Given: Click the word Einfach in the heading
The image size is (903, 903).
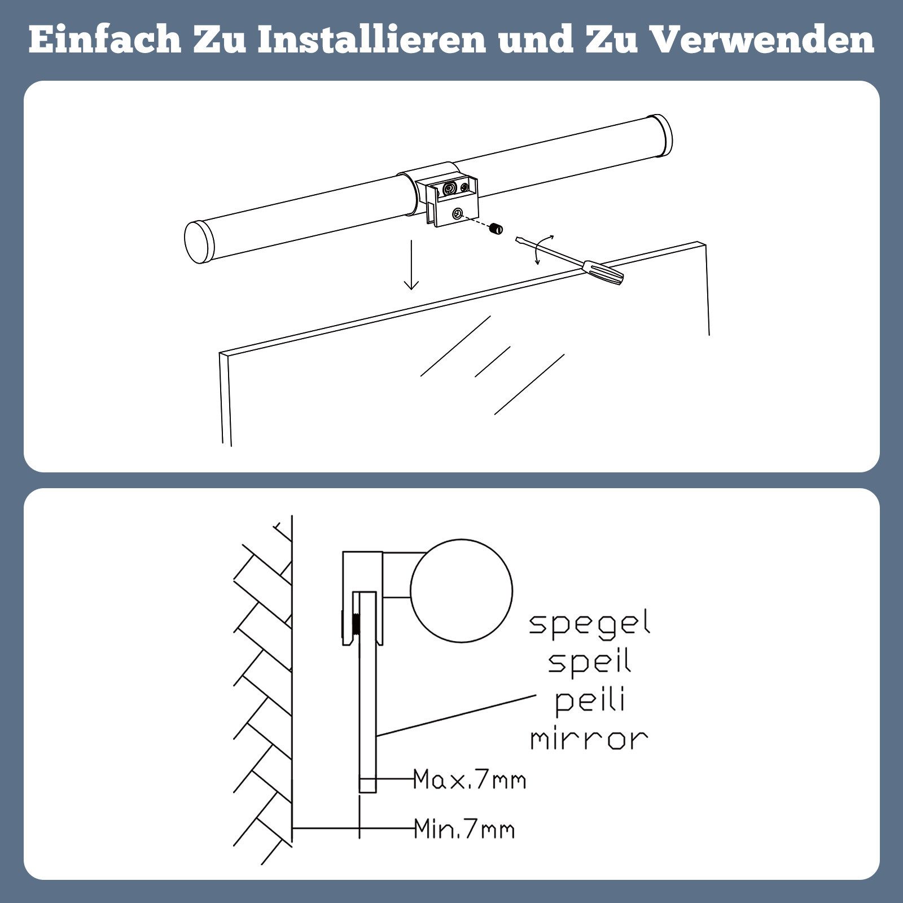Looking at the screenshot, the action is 104,40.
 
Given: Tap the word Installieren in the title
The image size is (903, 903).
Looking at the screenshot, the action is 372,40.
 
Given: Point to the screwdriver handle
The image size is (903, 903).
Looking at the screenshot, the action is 604,273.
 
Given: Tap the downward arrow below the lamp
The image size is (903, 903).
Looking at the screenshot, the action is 411,265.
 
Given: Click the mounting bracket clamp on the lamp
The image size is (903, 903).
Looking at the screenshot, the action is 451,200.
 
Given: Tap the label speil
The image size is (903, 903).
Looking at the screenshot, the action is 589,662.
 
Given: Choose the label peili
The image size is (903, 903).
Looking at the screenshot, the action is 590,700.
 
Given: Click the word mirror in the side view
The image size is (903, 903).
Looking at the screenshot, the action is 589,739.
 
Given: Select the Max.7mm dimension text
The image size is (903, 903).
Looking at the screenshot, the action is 470,780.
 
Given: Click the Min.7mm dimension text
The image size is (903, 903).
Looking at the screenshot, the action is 464,830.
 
